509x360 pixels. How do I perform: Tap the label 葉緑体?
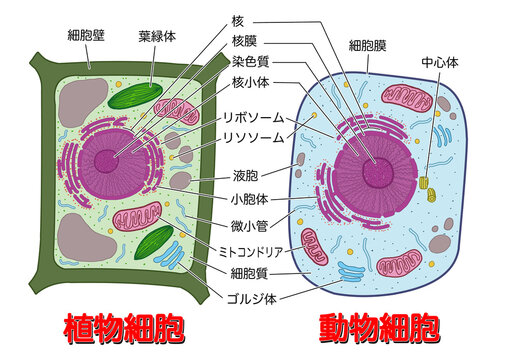pyautogui.click(x=158, y=36)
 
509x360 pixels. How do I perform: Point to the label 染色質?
pyautogui.click(x=251, y=61)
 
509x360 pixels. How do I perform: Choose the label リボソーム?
pyautogui.click(x=256, y=116)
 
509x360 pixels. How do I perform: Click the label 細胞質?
pyautogui.click(x=251, y=272)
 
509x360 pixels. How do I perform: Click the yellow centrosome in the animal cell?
pyautogui.click(x=425, y=184)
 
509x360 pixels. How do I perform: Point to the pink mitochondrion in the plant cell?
pyautogui.click(x=136, y=218)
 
